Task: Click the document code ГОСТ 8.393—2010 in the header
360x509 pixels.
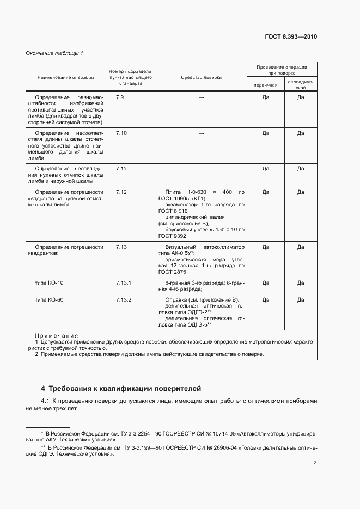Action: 290,38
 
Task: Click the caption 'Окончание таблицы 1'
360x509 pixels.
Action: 54,53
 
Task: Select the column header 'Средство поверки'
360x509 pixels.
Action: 201,77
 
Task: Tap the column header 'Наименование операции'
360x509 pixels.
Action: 65,77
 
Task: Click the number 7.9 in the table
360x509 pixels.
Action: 120,97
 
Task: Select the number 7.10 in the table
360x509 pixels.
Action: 121,133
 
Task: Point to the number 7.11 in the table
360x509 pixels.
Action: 121,169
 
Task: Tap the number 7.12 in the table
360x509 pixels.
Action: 121,192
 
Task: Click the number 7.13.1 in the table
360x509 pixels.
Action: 124,283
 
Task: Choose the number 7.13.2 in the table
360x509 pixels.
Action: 124,300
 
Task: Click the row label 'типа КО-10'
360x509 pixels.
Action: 49,283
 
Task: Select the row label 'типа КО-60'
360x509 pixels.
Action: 49,300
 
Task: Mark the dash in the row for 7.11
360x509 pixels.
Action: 201,169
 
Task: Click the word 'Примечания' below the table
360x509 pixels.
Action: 56,336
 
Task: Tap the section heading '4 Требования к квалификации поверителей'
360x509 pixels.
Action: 121,389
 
